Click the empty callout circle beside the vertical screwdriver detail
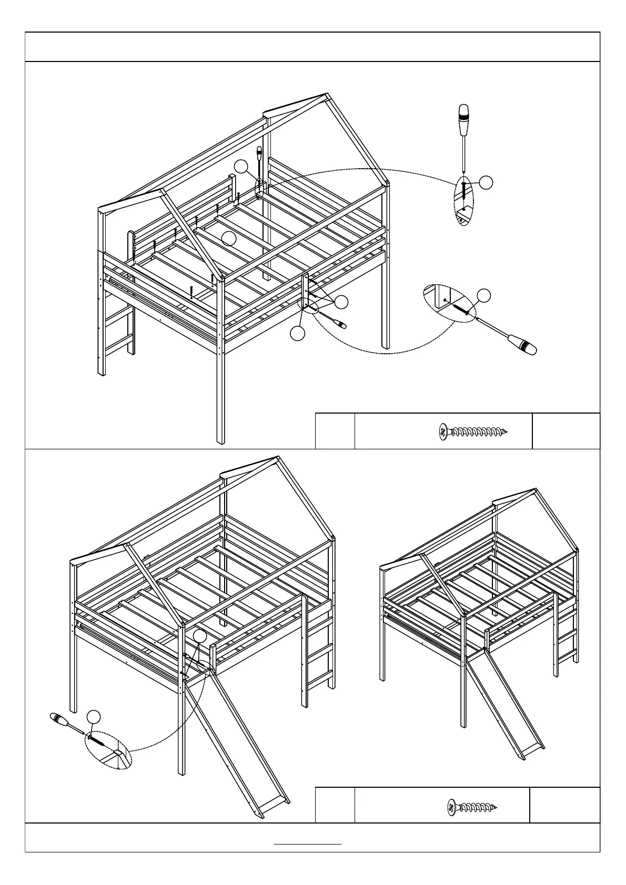[x=487, y=182]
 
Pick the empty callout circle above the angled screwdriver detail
[x=483, y=295]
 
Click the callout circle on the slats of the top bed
[x=228, y=239]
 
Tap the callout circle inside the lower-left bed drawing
[x=199, y=636]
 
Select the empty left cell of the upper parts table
[x=335, y=431]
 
